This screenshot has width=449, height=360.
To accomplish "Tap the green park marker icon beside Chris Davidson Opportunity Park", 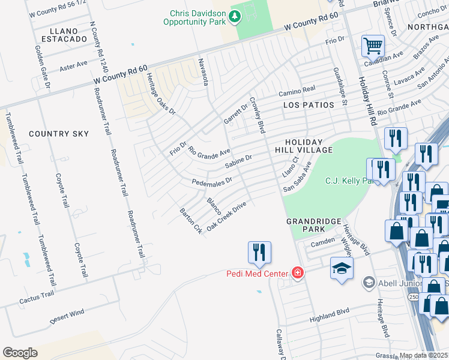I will point(235,17).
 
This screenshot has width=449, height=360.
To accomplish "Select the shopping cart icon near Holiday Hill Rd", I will point(373,45).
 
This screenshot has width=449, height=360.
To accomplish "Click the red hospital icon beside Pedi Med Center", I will point(297,273).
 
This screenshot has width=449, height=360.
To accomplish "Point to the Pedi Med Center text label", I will point(258,274).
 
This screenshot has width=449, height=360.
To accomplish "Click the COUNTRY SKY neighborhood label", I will point(58,133).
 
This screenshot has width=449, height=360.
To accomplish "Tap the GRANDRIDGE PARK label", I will point(309,225).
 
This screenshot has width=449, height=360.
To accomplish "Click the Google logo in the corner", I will point(20,353).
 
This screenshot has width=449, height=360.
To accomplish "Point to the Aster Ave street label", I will point(73,65).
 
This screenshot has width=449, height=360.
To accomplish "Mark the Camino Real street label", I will point(297,91).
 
